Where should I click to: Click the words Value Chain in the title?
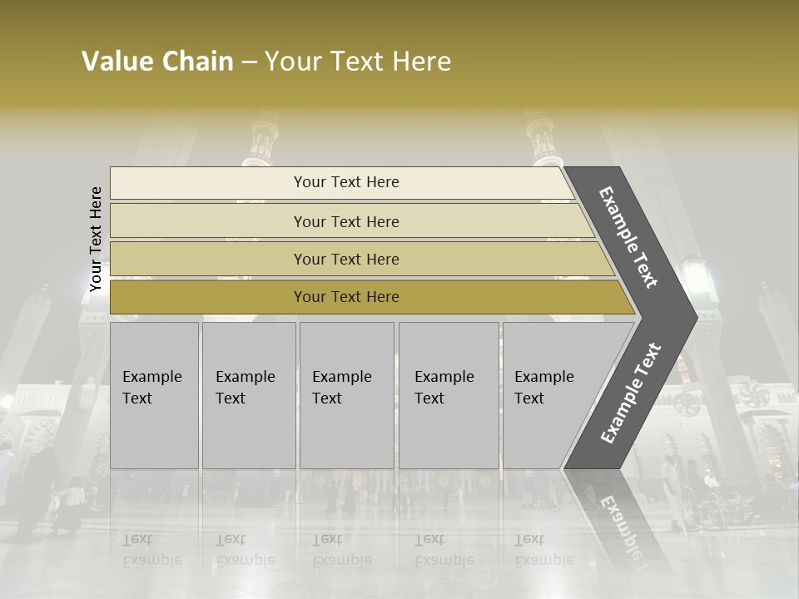coord(157,62)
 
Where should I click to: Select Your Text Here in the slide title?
coord(358,62)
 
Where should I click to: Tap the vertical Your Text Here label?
coord(96,240)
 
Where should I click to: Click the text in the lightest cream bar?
coord(346,182)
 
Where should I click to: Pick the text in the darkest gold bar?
coord(346,297)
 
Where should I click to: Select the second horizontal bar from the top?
coord(346,221)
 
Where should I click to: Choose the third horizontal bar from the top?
coord(346,260)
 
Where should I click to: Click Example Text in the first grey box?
coord(151,388)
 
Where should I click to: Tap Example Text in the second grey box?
coord(245,388)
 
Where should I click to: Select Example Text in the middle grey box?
coord(341,388)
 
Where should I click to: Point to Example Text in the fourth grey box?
coord(444,388)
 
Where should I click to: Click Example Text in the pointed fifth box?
coord(543,388)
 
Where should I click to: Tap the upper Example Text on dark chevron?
coord(628,237)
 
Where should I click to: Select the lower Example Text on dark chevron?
coord(630,394)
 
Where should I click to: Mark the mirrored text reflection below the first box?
coord(151,550)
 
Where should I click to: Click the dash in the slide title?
coord(249,62)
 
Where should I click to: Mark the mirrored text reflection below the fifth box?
coord(543,550)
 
